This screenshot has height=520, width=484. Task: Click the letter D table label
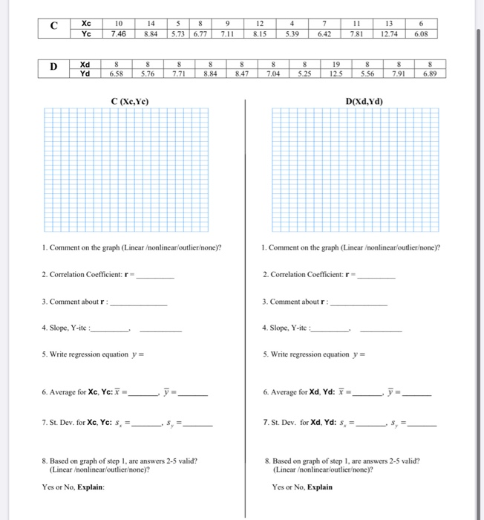(53, 69)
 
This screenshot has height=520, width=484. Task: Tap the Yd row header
(86, 74)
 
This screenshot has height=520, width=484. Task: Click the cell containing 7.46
(118, 33)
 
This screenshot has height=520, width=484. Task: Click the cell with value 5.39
(292, 33)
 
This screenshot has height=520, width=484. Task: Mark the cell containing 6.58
(116, 74)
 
